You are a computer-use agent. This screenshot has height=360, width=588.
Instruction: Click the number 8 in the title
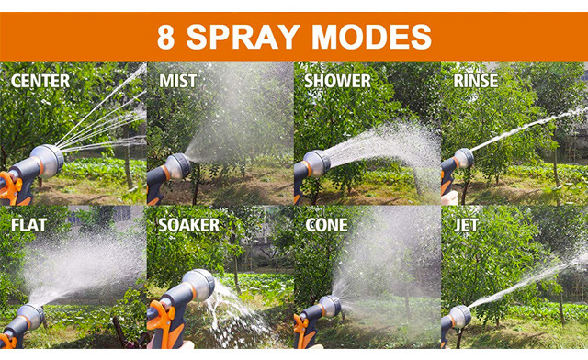coord(166,36)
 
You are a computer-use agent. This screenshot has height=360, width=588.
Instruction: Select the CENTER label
coord(40,82)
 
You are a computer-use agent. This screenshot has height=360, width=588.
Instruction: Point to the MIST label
coord(177,82)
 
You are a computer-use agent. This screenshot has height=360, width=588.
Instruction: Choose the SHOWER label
coord(339,82)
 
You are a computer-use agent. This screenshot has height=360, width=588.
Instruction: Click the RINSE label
coord(475,82)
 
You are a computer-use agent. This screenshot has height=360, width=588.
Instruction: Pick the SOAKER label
coord(188,225)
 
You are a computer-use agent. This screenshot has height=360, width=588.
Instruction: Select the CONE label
coord(326,225)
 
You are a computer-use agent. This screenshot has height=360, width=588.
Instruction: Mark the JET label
coord(466,225)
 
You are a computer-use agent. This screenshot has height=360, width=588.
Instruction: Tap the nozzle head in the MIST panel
coord(176,167)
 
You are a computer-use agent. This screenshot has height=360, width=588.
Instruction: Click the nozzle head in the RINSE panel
coord(464,159)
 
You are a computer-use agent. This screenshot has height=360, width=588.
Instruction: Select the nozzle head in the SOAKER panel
coord(198,285)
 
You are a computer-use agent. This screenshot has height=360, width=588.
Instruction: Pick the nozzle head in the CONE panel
coord(329,307)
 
